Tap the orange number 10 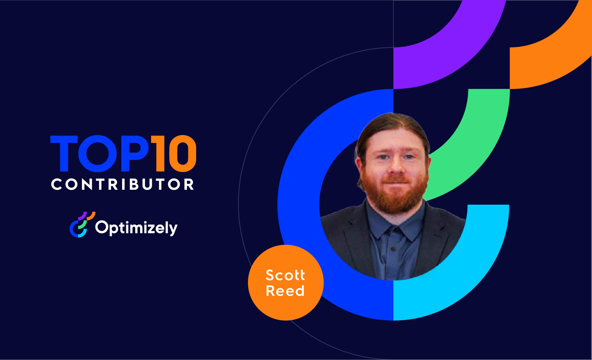pos(174,154)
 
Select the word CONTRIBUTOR pos(123,184)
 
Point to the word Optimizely pos(136,228)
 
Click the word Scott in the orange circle pos(285,275)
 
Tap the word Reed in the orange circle pos(285,291)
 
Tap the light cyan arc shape pos(472,270)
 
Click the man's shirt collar pos(394,227)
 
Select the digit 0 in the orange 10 pos(183,154)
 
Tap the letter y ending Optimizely pos(173,229)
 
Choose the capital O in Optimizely pos(101,227)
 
